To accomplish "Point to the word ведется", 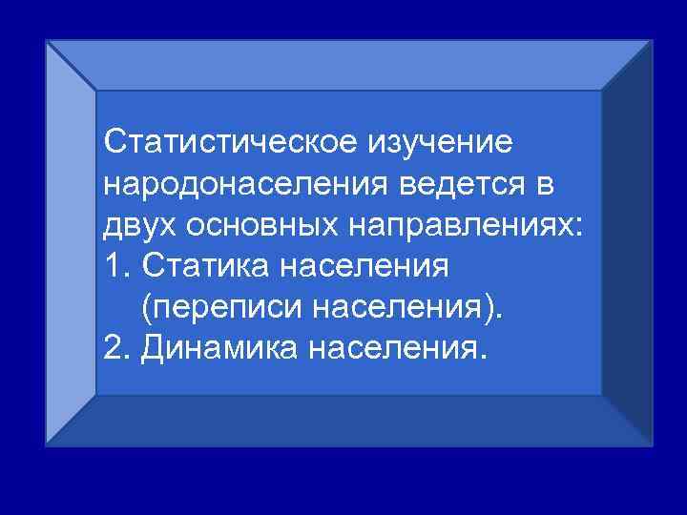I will pos(473,183).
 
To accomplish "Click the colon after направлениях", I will pos(579,227).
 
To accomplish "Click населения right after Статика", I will pos(364,267).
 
